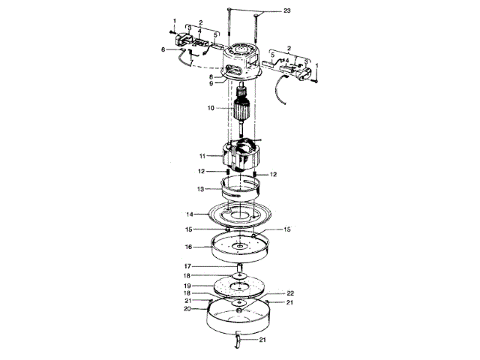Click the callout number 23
click(286, 10)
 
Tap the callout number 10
click(211, 108)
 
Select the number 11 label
click(202, 156)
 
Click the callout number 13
click(200, 189)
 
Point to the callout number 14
click(190, 214)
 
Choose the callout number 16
click(188, 247)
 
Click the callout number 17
click(187, 266)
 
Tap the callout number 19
click(187, 286)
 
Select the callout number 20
click(187, 309)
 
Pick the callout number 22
click(290, 293)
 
